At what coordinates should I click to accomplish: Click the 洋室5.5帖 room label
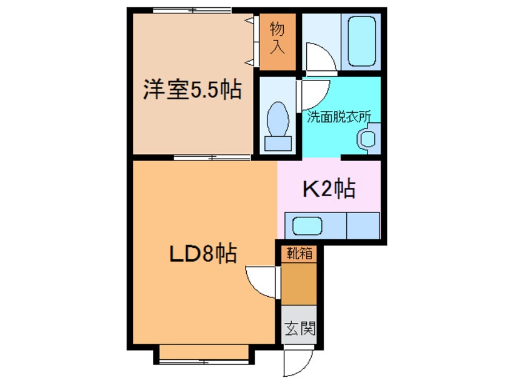click(192, 90)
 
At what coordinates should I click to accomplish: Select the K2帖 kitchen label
click(329, 190)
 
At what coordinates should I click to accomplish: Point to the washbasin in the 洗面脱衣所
click(367, 138)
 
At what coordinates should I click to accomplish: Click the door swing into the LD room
click(264, 282)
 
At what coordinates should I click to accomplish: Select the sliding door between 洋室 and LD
click(212, 157)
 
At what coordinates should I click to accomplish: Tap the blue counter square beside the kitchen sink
click(362, 226)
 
